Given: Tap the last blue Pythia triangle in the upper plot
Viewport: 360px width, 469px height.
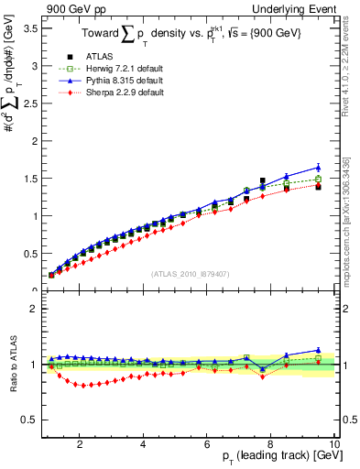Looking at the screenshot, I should pyautogui.click(x=318, y=168).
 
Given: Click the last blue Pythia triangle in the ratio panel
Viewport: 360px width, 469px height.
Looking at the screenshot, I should pyautogui.click(x=318, y=350).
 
